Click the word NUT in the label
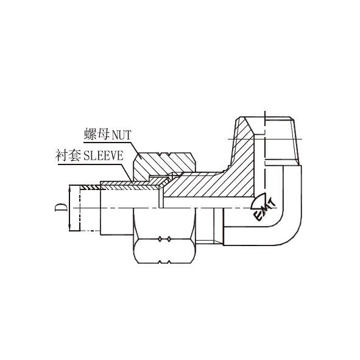tap(121, 135)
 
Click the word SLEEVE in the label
tap(104, 156)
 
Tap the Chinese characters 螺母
tap(97, 134)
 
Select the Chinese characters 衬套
tap(68, 156)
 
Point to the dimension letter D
tap(61, 207)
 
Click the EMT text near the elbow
tap(264, 210)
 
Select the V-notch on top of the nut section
tap(165, 154)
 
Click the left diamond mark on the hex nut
tap(160, 239)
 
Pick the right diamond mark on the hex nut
tap(169, 239)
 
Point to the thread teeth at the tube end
tap(91, 188)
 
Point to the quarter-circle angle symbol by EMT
tap(258, 201)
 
